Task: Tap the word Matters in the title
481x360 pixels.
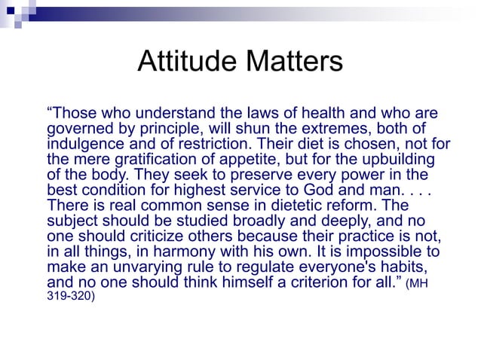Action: tap(293, 61)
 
